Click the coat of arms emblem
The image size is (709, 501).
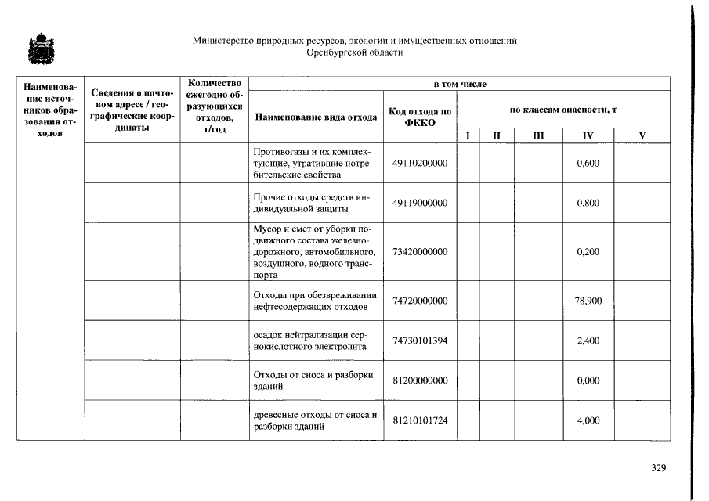point(36,49)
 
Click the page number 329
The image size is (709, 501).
point(658,468)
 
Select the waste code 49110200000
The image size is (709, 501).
point(420,163)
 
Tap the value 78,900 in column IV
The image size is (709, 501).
point(588,301)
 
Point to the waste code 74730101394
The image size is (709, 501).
point(420,341)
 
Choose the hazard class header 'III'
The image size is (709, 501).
point(537,136)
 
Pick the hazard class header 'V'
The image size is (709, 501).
point(642,136)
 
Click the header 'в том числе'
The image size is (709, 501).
point(460,83)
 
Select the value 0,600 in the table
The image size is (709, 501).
point(588,163)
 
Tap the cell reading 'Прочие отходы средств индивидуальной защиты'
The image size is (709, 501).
point(315,203)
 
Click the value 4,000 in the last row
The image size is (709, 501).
point(588,420)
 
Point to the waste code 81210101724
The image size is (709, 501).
point(420,420)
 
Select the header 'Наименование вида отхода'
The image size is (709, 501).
point(315,117)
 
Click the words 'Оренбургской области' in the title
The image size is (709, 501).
point(355,52)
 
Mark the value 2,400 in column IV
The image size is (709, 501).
point(588,341)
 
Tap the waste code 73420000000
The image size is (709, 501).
point(420,252)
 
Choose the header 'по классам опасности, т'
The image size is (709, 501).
point(563,110)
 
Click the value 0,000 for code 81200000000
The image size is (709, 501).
point(588,380)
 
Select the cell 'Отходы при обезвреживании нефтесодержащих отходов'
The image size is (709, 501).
point(315,301)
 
